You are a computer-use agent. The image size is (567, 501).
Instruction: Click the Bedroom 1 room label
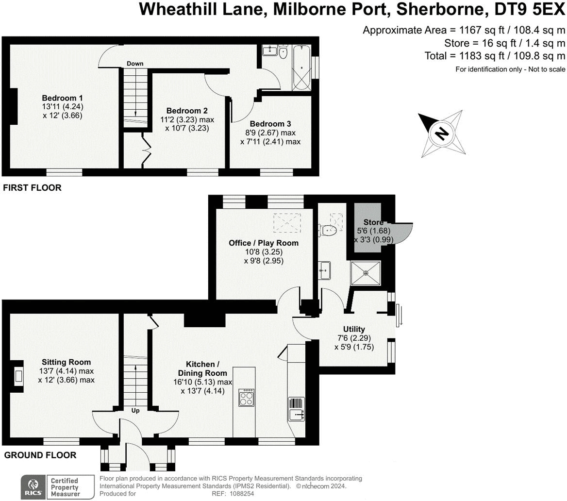click(x=62, y=98)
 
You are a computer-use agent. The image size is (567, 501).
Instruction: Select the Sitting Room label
click(x=66, y=362)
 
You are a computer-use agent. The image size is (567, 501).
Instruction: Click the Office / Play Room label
click(x=264, y=243)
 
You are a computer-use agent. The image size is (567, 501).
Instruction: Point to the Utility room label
click(x=353, y=329)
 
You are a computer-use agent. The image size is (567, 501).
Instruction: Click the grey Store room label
click(x=373, y=222)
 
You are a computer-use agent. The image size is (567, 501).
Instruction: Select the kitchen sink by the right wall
click(x=296, y=415)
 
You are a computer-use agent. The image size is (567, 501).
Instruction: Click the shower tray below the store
click(x=366, y=272)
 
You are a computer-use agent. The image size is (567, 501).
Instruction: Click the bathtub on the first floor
click(x=301, y=67)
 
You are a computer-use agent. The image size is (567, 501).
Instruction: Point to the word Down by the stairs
click(x=134, y=64)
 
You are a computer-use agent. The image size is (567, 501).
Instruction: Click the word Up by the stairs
click(x=135, y=411)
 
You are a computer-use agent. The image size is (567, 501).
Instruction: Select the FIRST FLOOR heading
click(x=32, y=188)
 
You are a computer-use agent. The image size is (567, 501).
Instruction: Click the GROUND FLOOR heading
click(x=40, y=455)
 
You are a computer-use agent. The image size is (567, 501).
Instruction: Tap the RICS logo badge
click(x=33, y=486)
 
